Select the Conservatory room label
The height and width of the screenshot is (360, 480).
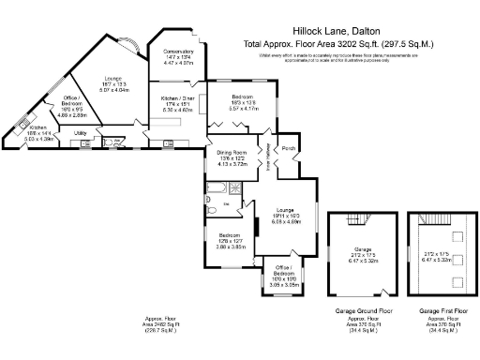[178, 52]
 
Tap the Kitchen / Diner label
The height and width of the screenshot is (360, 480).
[177, 97]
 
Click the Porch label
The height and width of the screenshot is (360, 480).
[289, 148]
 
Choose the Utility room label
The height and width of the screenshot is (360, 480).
[81, 134]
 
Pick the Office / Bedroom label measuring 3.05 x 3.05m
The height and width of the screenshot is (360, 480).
[278, 273]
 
